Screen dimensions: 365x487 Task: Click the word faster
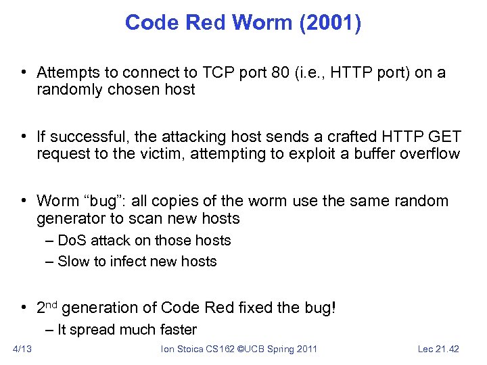pos(175,330)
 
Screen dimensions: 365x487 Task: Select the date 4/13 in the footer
pos(22,349)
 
